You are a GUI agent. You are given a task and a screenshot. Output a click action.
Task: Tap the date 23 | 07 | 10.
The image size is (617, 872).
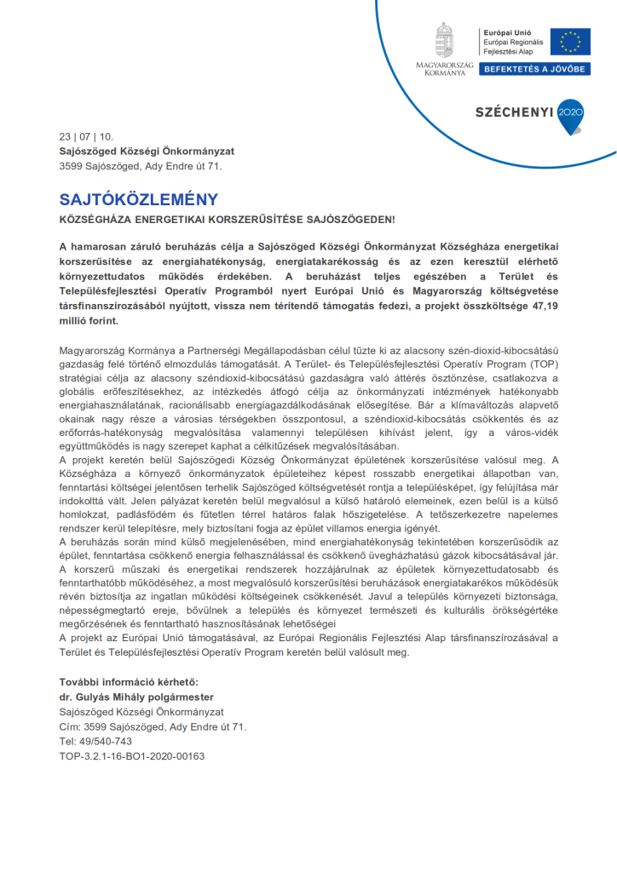[x=86, y=137]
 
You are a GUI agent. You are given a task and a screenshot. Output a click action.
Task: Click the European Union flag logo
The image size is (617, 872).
[x=569, y=41]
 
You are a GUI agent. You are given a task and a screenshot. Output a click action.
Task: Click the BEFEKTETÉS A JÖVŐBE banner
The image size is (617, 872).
[x=534, y=69]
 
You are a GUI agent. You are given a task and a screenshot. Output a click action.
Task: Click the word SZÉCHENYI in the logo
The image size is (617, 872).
[x=514, y=112]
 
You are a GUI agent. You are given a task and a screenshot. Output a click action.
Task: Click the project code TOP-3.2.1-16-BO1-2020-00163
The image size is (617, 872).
[x=132, y=755]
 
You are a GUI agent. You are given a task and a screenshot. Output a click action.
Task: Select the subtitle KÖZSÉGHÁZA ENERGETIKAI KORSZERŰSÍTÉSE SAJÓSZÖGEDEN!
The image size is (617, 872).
[x=227, y=220]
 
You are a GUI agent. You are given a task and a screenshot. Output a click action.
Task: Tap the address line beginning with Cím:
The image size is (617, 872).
[x=153, y=726]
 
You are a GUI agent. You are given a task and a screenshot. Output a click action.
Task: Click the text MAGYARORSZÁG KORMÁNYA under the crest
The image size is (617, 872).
[x=444, y=69]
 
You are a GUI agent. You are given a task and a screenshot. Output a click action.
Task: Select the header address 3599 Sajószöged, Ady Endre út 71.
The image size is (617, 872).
[x=141, y=166]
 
